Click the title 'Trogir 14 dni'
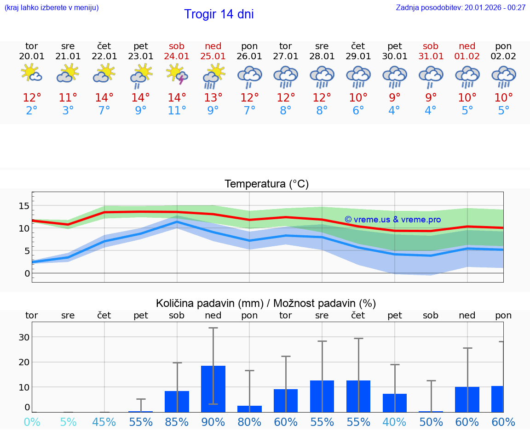[219, 14]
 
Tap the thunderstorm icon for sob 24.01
[177, 74]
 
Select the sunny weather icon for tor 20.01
[31, 74]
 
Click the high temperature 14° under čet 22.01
[104, 98]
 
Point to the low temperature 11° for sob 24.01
[177, 111]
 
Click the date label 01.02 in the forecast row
[467, 57]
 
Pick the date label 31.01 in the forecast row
[431, 57]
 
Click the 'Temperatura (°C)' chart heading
[266, 184]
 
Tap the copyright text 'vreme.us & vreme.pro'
[392, 220]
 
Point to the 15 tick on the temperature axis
[24, 205]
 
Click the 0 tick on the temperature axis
[27, 273]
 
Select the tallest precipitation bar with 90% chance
[213, 389]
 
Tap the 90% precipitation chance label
[213, 422]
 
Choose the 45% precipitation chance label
[104, 422]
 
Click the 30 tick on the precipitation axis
[24, 337]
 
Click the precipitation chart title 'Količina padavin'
[266, 303]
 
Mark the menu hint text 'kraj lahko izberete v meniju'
[52, 7]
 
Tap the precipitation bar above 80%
[249, 408]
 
